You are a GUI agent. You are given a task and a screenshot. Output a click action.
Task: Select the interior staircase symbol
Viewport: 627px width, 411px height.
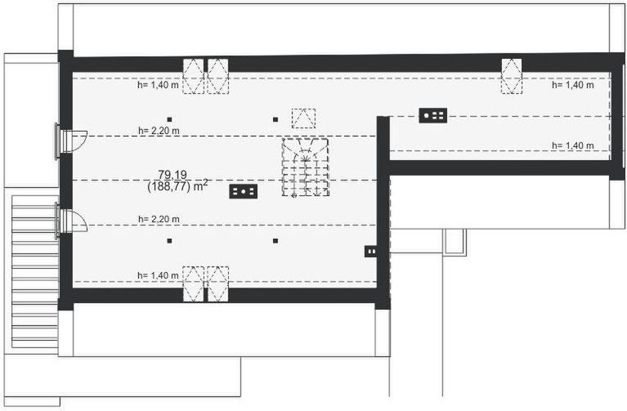point(306,167)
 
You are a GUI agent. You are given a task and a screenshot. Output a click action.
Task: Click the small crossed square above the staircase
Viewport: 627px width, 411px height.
point(303,118)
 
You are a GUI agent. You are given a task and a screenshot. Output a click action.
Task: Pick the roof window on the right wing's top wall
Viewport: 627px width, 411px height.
point(511,76)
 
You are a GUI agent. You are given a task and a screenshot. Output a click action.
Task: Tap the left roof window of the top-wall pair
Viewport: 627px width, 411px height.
point(193,76)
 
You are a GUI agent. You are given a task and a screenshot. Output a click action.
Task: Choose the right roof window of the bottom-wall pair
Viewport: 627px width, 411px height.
point(217,284)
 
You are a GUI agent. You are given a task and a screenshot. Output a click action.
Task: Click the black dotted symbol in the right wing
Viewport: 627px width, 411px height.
point(432,115)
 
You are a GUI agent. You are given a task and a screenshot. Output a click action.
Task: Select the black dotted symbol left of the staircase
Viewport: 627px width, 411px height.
point(244,191)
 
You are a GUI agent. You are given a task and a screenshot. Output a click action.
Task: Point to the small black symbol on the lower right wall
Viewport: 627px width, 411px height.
point(370,251)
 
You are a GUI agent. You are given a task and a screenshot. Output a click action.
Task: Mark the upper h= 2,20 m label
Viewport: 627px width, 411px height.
point(159,130)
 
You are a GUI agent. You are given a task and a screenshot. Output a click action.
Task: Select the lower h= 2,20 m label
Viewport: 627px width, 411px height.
point(159,219)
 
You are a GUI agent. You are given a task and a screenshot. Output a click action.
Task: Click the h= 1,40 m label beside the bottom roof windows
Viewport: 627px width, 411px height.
point(158,276)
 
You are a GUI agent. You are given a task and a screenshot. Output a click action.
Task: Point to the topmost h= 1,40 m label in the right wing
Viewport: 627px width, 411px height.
point(572,84)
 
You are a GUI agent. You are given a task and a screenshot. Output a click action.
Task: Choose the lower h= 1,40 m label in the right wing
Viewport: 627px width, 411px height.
point(572,145)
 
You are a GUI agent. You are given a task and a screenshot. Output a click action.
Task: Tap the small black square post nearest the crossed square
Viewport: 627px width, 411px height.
point(275,119)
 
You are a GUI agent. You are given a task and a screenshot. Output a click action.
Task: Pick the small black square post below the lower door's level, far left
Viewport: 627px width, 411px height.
point(169,240)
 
